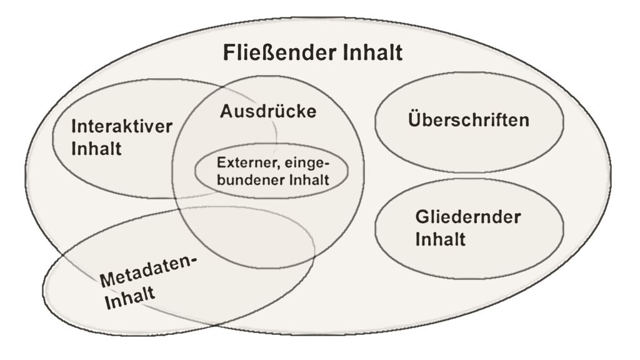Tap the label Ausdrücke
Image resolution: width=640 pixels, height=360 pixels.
point(269,112)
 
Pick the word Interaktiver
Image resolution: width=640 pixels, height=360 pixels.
point(122,126)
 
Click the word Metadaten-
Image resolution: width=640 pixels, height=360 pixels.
point(147,269)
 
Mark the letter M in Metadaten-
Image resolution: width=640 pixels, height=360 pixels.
point(107,279)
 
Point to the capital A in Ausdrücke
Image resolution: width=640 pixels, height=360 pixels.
point(226,112)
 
